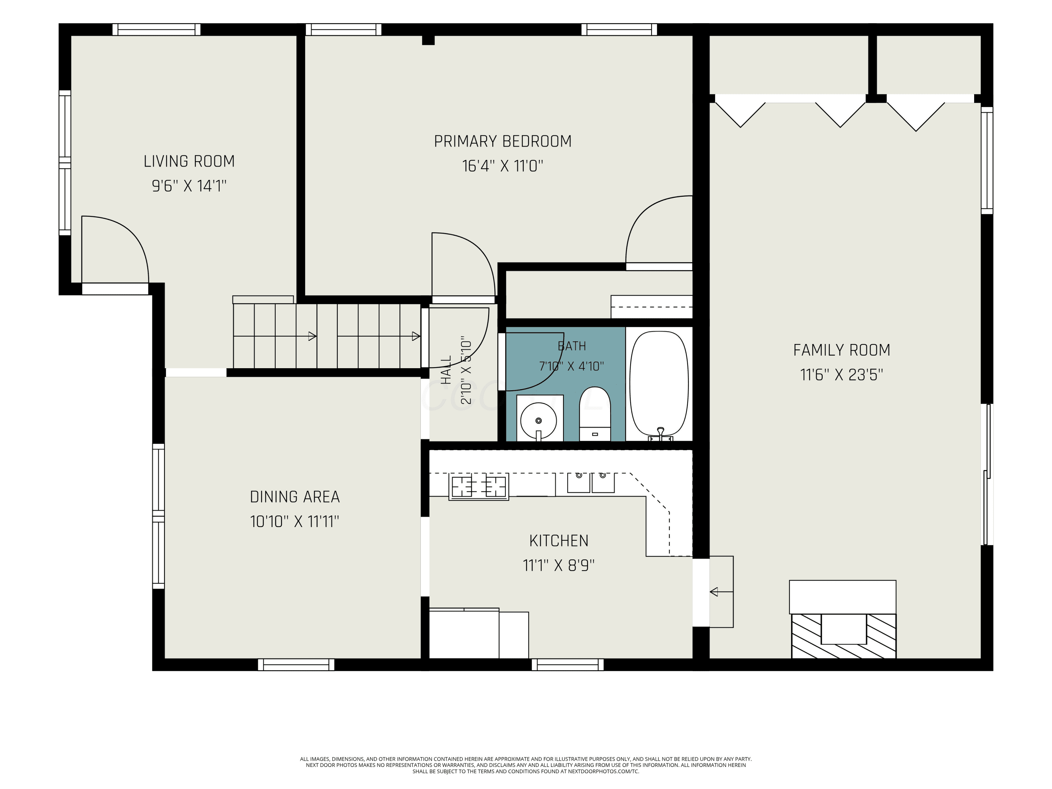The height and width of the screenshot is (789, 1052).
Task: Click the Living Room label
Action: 189,161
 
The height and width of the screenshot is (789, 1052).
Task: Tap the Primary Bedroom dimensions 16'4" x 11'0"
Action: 503,166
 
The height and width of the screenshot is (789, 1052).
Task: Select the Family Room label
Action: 841,350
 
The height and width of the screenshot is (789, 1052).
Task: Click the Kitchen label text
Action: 559,541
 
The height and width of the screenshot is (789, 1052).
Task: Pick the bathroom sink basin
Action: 539,421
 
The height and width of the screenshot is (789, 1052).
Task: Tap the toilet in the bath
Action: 594,414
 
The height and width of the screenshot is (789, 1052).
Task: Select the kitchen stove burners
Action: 478,486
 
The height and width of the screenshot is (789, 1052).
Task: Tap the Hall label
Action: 446,371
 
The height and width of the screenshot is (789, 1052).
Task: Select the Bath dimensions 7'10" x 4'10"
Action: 571,366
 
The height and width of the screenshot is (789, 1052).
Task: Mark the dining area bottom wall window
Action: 296,665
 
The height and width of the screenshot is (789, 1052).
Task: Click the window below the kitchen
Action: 567,665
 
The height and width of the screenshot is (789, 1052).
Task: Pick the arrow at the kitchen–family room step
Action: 721,592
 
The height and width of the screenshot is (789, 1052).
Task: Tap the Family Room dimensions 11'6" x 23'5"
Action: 841,375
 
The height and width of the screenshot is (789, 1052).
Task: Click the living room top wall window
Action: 156,29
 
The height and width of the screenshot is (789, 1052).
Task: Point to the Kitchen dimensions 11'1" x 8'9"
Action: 559,566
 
